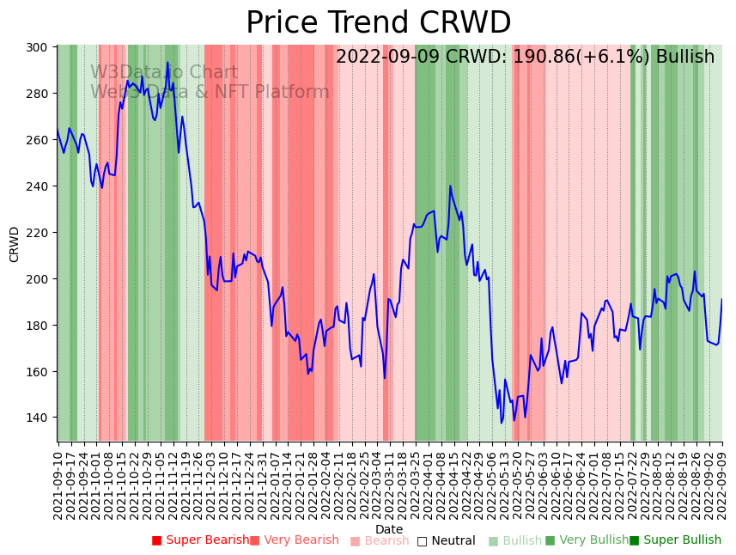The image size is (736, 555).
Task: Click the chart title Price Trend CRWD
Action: click(378, 23)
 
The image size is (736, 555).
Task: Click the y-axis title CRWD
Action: click(15, 244)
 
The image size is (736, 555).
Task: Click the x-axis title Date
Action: click(389, 530)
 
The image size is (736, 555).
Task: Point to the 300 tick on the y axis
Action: click(40, 47)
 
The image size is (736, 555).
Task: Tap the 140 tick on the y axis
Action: click(40, 418)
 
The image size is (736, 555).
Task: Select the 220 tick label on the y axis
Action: click(40, 233)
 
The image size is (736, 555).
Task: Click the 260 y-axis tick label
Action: click(40, 140)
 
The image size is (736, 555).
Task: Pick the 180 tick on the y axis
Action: click(40, 326)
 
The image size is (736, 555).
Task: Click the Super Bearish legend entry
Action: click(201, 540)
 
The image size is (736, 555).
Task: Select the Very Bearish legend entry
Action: click(295, 540)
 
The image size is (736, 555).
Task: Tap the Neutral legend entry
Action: click(447, 541)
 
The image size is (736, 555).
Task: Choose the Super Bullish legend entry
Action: click(676, 540)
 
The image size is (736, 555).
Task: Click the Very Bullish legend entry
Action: click(587, 540)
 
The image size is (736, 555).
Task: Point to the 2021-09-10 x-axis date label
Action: click(58, 485)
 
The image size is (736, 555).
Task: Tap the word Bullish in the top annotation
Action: click(684, 58)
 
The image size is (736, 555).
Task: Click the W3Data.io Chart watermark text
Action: click(164, 73)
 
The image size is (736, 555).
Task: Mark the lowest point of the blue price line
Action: click(502, 423)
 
